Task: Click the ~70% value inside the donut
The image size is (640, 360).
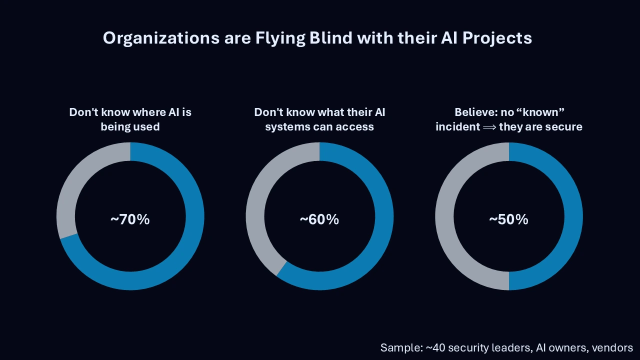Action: click(130, 219)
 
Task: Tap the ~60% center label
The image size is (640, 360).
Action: click(319, 219)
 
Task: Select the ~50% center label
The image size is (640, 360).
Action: click(508, 219)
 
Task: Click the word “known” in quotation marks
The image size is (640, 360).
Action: click(542, 112)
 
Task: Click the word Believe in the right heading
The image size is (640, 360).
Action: click(474, 112)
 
